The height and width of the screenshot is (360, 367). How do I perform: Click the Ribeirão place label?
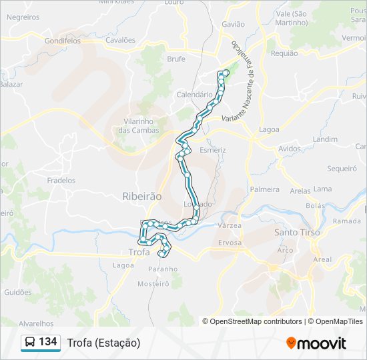(142, 197)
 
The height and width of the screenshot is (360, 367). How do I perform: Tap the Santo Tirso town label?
(297, 233)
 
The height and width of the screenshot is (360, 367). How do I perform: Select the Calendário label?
(194, 95)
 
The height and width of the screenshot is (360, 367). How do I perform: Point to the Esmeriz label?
(213, 150)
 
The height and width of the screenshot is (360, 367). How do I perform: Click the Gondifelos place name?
(62, 41)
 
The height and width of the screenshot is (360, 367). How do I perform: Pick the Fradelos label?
(61, 181)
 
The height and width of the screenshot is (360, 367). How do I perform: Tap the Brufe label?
(176, 59)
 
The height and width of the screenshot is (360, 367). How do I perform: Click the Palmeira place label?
(265, 189)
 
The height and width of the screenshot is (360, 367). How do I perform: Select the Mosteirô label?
(153, 283)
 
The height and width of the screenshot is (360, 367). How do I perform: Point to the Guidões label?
(18, 292)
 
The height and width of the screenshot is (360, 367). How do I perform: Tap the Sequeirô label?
(342, 169)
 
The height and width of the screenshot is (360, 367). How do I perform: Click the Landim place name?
(325, 139)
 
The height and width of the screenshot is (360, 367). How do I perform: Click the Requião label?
(284, 53)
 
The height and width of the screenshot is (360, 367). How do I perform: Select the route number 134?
(47, 342)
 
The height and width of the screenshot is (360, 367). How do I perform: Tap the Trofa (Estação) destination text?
(103, 343)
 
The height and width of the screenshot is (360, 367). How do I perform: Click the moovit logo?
(316, 343)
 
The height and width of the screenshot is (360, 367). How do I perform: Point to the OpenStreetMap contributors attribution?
(256, 321)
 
